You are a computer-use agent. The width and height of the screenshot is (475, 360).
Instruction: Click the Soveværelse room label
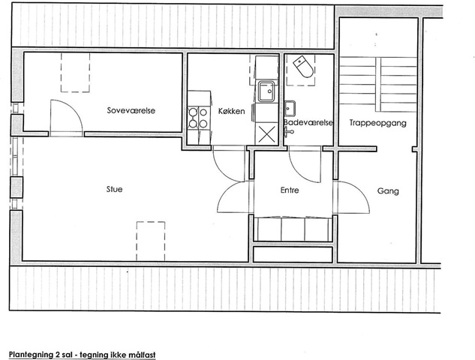(x=131, y=110)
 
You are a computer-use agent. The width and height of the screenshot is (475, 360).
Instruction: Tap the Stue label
(x=115, y=189)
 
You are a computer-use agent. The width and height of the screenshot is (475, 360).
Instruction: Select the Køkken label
(x=231, y=111)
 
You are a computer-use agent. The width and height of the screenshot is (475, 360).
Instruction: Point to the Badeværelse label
(x=308, y=122)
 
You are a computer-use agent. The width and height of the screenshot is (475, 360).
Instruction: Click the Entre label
(x=290, y=190)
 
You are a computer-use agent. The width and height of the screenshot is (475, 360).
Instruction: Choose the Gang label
(x=388, y=191)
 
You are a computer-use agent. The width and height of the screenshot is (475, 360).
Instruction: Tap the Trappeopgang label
(x=377, y=123)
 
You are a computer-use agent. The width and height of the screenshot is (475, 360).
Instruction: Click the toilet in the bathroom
(x=303, y=67)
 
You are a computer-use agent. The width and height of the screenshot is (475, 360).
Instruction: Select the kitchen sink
(x=266, y=91)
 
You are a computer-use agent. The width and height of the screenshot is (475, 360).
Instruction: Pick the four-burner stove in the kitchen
(x=198, y=118)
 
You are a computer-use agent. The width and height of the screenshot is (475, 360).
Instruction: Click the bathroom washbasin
(x=290, y=109)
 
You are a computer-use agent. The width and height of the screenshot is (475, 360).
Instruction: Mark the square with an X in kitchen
(x=266, y=134)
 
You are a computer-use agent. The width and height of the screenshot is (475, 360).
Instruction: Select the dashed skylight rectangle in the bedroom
(x=76, y=72)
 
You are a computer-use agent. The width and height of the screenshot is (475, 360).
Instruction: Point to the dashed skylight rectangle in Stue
(x=151, y=241)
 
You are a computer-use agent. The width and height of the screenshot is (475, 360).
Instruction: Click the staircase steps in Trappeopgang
(x=377, y=85)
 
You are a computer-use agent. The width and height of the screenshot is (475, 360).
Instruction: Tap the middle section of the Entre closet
(x=293, y=229)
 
